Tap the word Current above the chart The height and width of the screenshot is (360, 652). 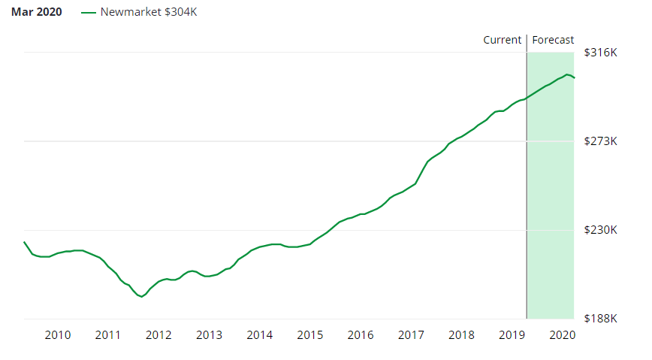click(502, 40)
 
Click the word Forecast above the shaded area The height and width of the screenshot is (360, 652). click(553, 40)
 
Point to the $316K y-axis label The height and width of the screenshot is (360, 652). click(599, 53)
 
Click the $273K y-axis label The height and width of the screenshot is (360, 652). click(599, 141)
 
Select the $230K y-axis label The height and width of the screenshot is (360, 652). click(599, 230)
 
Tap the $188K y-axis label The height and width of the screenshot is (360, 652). click(599, 319)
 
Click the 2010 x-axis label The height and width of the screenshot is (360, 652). click(58, 334)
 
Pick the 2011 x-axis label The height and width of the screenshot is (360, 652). click(108, 334)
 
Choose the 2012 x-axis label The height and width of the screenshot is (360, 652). click(158, 334)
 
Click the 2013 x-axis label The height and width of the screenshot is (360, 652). click(209, 334)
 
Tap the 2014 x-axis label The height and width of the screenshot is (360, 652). click(259, 334)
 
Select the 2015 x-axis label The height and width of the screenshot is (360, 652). click(310, 334)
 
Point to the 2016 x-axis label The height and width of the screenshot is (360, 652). click(361, 334)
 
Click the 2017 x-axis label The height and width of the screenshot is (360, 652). click(411, 334)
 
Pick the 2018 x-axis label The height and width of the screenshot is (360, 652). click(461, 334)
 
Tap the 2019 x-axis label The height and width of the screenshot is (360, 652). click(512, 334)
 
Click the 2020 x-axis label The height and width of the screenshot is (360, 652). click(562, 334)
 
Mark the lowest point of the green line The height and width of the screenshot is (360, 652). click(141, 297)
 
